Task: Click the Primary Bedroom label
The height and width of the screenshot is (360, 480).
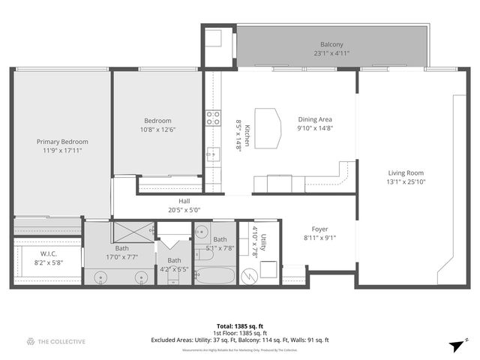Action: click(63, 142)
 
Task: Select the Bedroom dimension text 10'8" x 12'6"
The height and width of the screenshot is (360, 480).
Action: click(157, 130)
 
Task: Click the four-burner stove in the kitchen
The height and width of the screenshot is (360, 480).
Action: click(213, 118)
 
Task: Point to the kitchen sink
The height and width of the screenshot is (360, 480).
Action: click(213, 155)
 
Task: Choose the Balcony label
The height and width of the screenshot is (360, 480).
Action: click(332, 44)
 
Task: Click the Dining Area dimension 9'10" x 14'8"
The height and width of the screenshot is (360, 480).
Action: click(315, 128)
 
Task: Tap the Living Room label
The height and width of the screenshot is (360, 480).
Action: click(405, 172)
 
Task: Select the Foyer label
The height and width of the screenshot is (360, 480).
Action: click(319, 229)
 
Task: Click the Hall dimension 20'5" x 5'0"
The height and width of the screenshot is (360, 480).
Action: click(184, 210)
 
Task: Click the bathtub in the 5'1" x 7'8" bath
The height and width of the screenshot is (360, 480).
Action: click(214, 275)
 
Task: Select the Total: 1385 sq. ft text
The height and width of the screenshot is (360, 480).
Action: click(240, 325)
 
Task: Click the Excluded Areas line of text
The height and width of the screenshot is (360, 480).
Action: click(240, 340)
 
